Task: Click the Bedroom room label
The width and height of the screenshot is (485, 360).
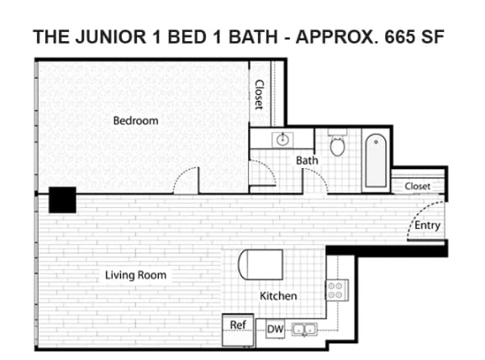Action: tap(135, 121)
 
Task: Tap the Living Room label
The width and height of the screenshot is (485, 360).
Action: tap(135, 275)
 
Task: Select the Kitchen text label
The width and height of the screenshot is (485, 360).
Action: tap(277, 296)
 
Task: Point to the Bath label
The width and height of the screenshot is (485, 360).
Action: tap(306, 160)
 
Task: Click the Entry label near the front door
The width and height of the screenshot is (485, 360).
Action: tap(427, 225)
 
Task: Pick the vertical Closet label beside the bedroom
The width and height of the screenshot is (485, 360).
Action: tap(260, 94)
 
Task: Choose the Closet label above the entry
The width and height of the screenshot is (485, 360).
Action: tap(417, 186)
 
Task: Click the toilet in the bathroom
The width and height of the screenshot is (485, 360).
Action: tap(337, 146)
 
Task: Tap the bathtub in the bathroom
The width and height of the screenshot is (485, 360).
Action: tap(375, 161)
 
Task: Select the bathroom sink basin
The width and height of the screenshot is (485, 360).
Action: tap(283, 139)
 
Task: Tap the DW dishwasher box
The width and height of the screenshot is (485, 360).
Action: tap(275, 330)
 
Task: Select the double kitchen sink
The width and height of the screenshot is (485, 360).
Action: tap(304, 330)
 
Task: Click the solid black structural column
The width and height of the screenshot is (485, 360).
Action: tap(62, 200)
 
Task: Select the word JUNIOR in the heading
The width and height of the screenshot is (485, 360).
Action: tap(104, 39)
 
